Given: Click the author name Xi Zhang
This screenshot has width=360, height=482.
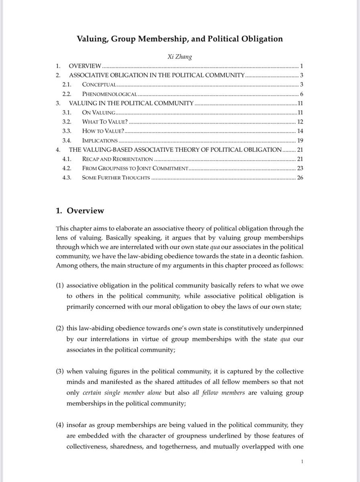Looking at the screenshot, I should coord(180,57).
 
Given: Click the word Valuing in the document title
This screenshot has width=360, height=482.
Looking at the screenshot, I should coord(93,39).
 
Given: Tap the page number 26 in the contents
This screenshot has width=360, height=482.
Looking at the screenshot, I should coord(300,178).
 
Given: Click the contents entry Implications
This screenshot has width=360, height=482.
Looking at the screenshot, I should coord(100,140).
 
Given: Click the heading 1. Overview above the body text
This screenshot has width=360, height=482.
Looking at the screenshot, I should coord(80,210).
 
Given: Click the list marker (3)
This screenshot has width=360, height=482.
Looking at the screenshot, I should coord(60,371).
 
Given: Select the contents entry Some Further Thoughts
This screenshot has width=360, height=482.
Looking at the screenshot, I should coord(116,178).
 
